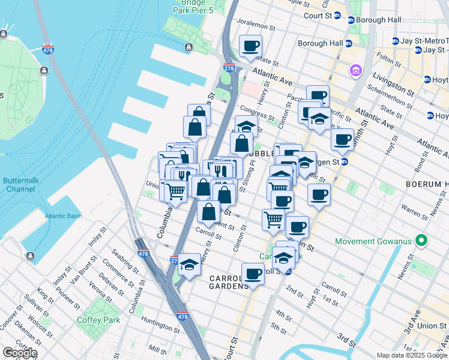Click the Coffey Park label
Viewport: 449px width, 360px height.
pos(98,320)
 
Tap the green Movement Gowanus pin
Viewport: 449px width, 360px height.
pos(421,242)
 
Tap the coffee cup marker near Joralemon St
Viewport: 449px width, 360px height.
pos(250,46)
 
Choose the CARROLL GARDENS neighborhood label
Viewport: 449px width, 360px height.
pos(229,282)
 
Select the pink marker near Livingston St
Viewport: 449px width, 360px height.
pos(356,71)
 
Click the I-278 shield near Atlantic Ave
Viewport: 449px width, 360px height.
pos(229,68)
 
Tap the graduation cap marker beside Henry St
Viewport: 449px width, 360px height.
pos(189,266)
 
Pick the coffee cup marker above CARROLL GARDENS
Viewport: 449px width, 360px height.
pos(253,274)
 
